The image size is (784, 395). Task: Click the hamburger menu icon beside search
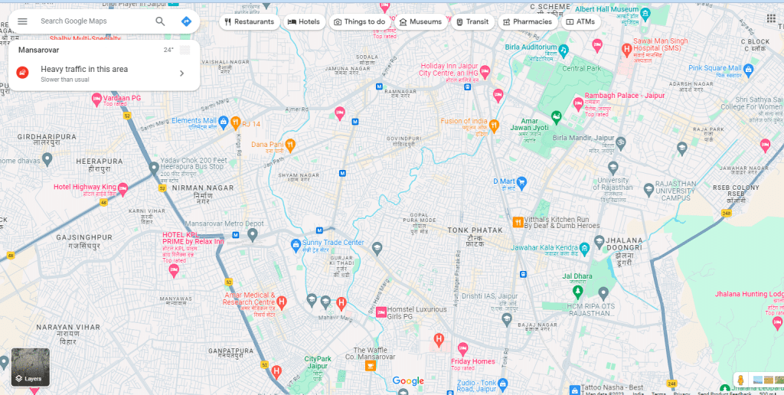[22, 21]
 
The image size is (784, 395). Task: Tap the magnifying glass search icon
[160, 21]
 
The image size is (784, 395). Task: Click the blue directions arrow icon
[186, 21]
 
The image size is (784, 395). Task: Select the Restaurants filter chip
[249, 21]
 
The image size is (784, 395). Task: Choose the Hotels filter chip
[304, 21]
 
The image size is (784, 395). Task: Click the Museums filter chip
[420, 21]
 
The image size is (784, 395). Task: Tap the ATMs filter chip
[580, 21]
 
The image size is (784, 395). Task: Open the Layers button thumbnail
[31, 367]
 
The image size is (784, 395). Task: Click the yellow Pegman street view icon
[740, 380]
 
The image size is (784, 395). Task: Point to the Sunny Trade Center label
[333, 243]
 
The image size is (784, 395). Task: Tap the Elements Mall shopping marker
[224, 121]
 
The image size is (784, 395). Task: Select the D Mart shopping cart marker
[522, 182]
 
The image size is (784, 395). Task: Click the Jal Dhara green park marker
[577, 292]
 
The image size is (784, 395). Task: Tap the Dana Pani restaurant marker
[290, 144]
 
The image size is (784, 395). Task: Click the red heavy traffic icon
[23, 73]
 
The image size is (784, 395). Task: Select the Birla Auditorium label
[531, 47]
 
